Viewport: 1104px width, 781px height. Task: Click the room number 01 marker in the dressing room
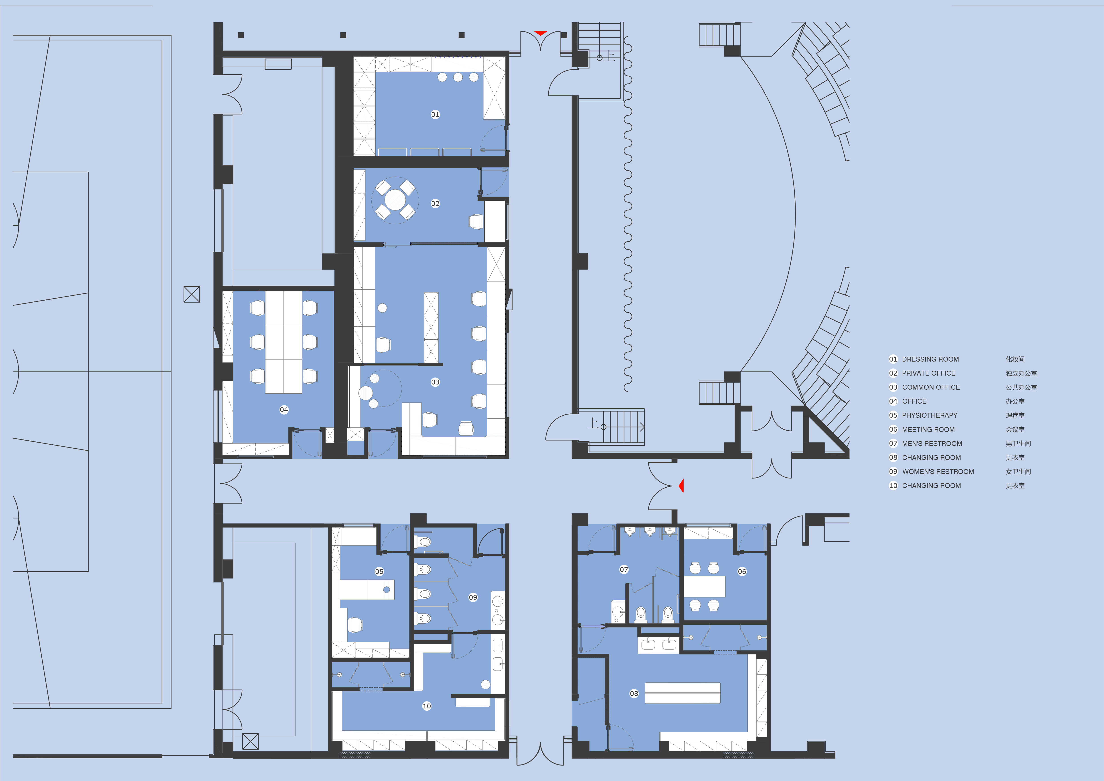tap(435, 114)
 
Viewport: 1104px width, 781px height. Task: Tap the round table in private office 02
tap(395, 199)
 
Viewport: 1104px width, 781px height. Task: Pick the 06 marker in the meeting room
tap(742, 571)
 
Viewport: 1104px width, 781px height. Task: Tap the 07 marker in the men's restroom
tap(624, 569)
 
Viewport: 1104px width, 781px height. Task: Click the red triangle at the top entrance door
tap(541, 33)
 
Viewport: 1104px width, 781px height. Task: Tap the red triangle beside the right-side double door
tap(681, 486)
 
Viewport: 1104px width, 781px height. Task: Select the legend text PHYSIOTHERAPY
tap(930, 415)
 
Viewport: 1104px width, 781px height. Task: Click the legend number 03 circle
tap(893, 387)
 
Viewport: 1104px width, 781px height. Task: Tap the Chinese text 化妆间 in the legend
tap(1015, 359)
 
